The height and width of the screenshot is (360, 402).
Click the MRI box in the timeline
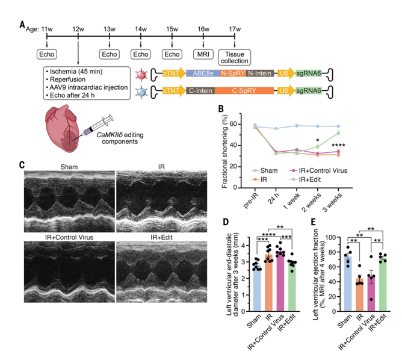coord(203,54)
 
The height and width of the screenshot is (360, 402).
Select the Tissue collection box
coord(235,57)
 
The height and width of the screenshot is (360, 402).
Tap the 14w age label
coord(141,29)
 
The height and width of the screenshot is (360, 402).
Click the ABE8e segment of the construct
coord(203,73)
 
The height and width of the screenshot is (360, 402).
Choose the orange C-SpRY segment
coord(244,90)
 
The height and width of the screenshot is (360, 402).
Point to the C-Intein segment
coord(200,90)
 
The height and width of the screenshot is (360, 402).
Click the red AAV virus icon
coord(141,75)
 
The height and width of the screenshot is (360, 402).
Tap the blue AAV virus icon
coord(141,92)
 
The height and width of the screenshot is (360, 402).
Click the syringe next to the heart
coord(97,126)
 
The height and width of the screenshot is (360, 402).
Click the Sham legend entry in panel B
coord(264,170)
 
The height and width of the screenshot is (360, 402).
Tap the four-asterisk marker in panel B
coord(338,146)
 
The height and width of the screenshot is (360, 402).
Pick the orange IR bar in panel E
coord(359,295)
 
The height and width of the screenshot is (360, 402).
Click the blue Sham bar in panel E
coord(348,284)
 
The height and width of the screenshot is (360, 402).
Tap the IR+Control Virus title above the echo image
coord(69,237)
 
